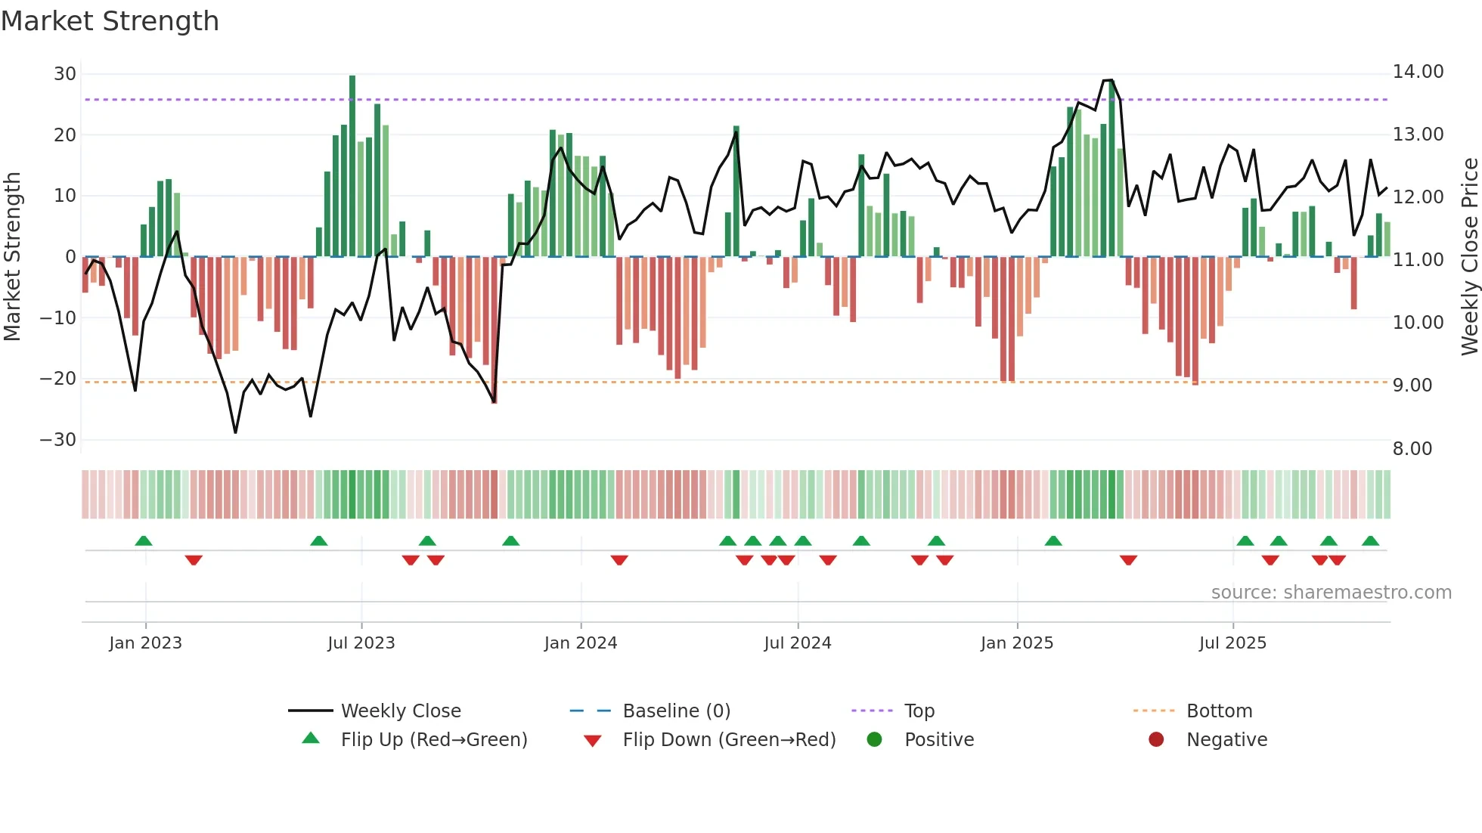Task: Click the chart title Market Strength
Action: (110, 21)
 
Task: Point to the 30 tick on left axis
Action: (65, 74)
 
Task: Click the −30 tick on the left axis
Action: (58, 440)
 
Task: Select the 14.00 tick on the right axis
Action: (1418, 72)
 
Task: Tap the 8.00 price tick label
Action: (1412, 449)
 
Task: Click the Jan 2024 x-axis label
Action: (580, 643)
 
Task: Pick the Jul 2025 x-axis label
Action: (1232, 643)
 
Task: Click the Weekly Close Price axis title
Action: (1469, 257)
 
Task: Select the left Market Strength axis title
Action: (12, 257)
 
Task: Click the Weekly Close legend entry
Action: (400, 711)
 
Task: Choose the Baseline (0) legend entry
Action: (676, 711)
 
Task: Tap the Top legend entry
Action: (919, 711)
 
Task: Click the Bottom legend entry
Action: (1219, 711)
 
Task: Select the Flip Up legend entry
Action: (433, 740)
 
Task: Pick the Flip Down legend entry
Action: (728, 740)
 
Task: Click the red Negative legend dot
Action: (1155, 740)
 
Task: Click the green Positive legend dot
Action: (874, 740)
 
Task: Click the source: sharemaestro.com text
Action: (1331, 593)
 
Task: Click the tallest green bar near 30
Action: (352, 166)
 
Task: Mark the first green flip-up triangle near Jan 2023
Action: (144, 540)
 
